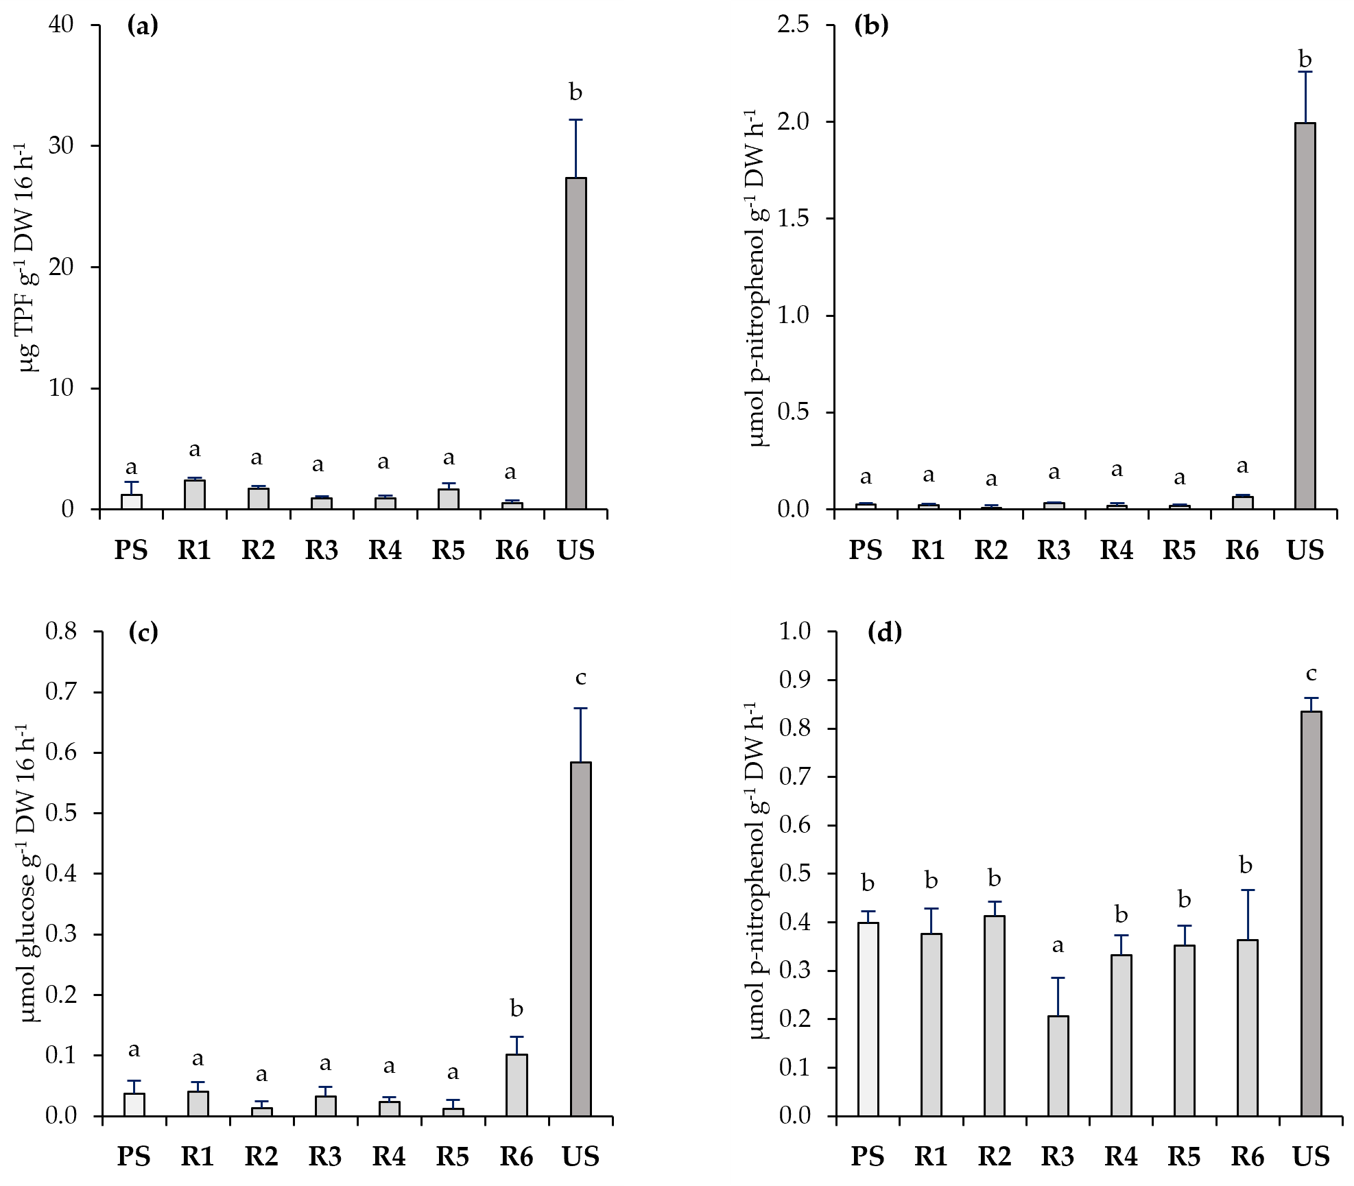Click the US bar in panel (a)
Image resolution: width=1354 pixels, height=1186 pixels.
coord(575,343)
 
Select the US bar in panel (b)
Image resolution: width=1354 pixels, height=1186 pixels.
coord(1305,316)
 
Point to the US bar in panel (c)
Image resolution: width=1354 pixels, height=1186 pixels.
coord(580,939)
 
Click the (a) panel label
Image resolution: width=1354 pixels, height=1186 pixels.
coord(143,27)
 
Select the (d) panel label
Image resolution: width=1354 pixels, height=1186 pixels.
coord(884,632)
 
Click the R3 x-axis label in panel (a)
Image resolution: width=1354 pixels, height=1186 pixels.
coord(322,551)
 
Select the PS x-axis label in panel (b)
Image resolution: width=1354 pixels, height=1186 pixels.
coord(865,551)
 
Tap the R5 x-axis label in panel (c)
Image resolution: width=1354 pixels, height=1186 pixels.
coord(453,1157)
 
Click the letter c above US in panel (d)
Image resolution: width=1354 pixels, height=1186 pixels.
coord(1311,674)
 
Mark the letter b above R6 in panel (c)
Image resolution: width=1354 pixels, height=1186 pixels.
coord(516,1008)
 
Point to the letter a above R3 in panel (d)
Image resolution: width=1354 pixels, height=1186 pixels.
coord(1058,946)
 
